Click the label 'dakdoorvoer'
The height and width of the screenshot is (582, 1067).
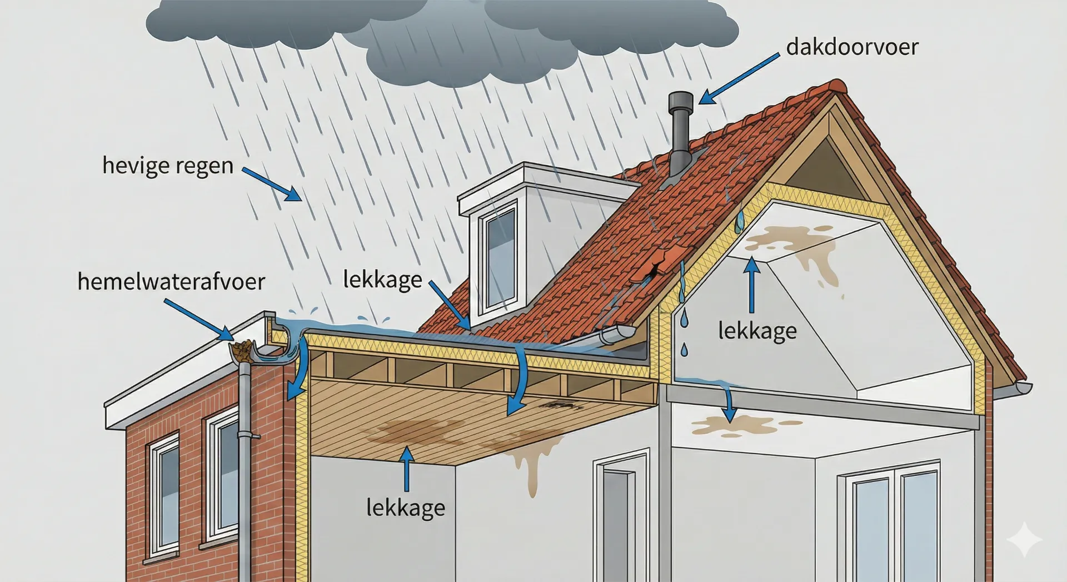tap(852, 47)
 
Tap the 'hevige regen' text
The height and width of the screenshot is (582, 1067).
tap(168, 166)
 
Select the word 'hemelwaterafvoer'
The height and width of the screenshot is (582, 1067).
tap(171, 282)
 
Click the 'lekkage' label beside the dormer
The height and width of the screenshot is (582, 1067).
tap(382, 280)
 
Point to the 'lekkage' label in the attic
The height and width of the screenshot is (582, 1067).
tap(757, 331)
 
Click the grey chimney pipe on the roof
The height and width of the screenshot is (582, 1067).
tap(681, 133)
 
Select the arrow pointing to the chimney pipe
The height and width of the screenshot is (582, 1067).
tap(739, 78)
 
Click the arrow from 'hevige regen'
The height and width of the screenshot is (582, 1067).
tap(272, 184)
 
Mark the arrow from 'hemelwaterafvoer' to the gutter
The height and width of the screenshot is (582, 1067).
tap(200, 318)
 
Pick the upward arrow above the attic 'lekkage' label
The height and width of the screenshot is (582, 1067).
tap(751, 285)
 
